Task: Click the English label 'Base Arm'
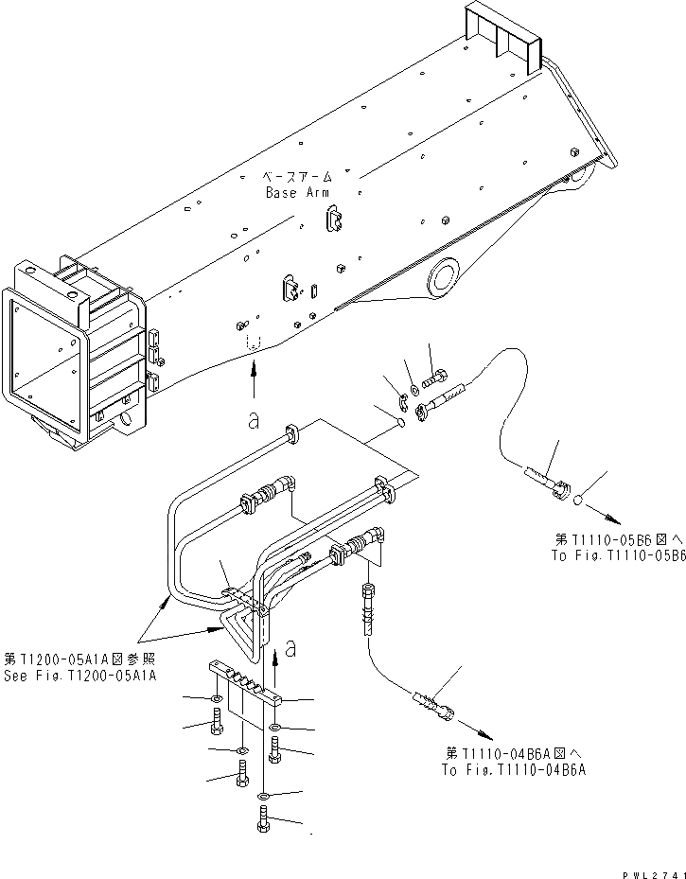pyautogui.click(x=297, y=192)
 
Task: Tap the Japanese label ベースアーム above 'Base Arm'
pyautogui.click(x=297, y=178)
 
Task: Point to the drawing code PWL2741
pyautogui.click(x=652, y=870)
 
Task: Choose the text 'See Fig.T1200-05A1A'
pyautogui.click(x=80, y=675)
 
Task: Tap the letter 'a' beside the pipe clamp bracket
pyautogui.click(x=292, y=649)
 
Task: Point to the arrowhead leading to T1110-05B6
pyautogui.click(x=616, y=519)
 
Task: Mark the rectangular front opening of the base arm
pyautogui.click(x=44, y=359)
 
